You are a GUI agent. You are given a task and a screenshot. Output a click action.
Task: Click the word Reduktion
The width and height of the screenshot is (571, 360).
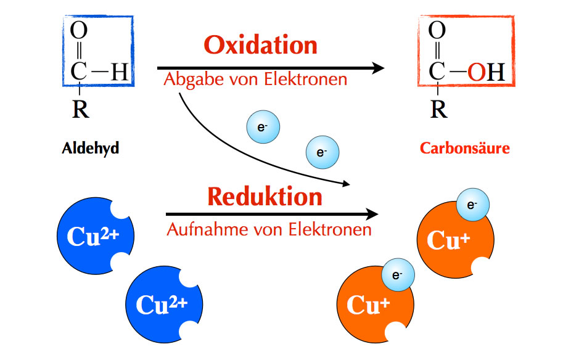click(265, 197)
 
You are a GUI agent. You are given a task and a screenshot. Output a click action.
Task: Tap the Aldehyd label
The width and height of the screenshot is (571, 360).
click(90, 149)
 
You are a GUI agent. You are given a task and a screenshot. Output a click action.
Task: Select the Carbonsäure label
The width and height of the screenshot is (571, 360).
click(465, 149)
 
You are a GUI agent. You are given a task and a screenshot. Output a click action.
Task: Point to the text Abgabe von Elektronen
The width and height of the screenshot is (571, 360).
click(255, 80)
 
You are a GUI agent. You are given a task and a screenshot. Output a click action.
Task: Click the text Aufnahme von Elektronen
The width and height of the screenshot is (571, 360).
click(269, 230)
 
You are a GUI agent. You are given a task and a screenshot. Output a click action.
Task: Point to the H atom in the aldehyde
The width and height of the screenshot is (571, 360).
click(118, 72)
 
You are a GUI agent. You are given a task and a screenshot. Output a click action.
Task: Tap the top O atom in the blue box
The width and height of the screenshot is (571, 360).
click(79, 30)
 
